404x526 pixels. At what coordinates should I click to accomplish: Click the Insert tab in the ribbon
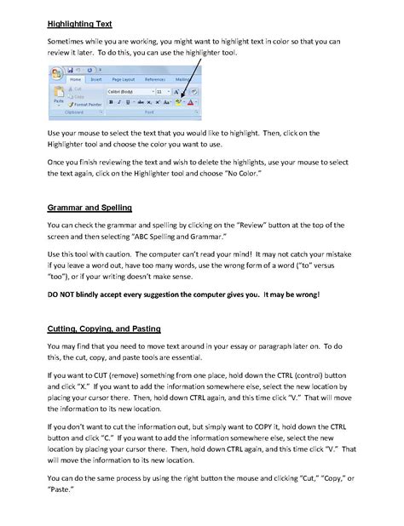pos(95,78)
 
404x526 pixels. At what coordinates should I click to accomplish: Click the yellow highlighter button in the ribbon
pos(180,102)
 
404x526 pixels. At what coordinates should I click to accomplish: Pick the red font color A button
pos(193,102)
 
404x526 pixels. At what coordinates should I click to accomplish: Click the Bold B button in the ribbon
pos(111,102)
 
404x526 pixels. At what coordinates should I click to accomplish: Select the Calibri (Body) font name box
pos(127,90)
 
